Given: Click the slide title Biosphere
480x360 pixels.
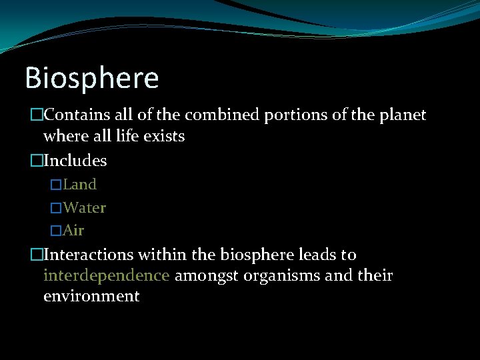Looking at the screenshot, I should click(x=92, y=79).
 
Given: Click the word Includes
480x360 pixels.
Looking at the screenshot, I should click(x=75, y=161).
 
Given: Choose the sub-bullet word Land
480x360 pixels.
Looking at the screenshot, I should click(x=80, y=184).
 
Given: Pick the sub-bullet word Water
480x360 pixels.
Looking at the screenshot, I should click(x=85, y=207).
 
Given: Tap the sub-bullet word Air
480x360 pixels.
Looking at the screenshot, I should click(x=73, y=231).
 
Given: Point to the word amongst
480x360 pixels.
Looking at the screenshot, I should click(x=205, y=276).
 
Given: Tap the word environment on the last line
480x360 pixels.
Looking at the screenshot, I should click(x=91, y=296).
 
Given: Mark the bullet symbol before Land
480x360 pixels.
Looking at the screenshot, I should click(x=57, y=185).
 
